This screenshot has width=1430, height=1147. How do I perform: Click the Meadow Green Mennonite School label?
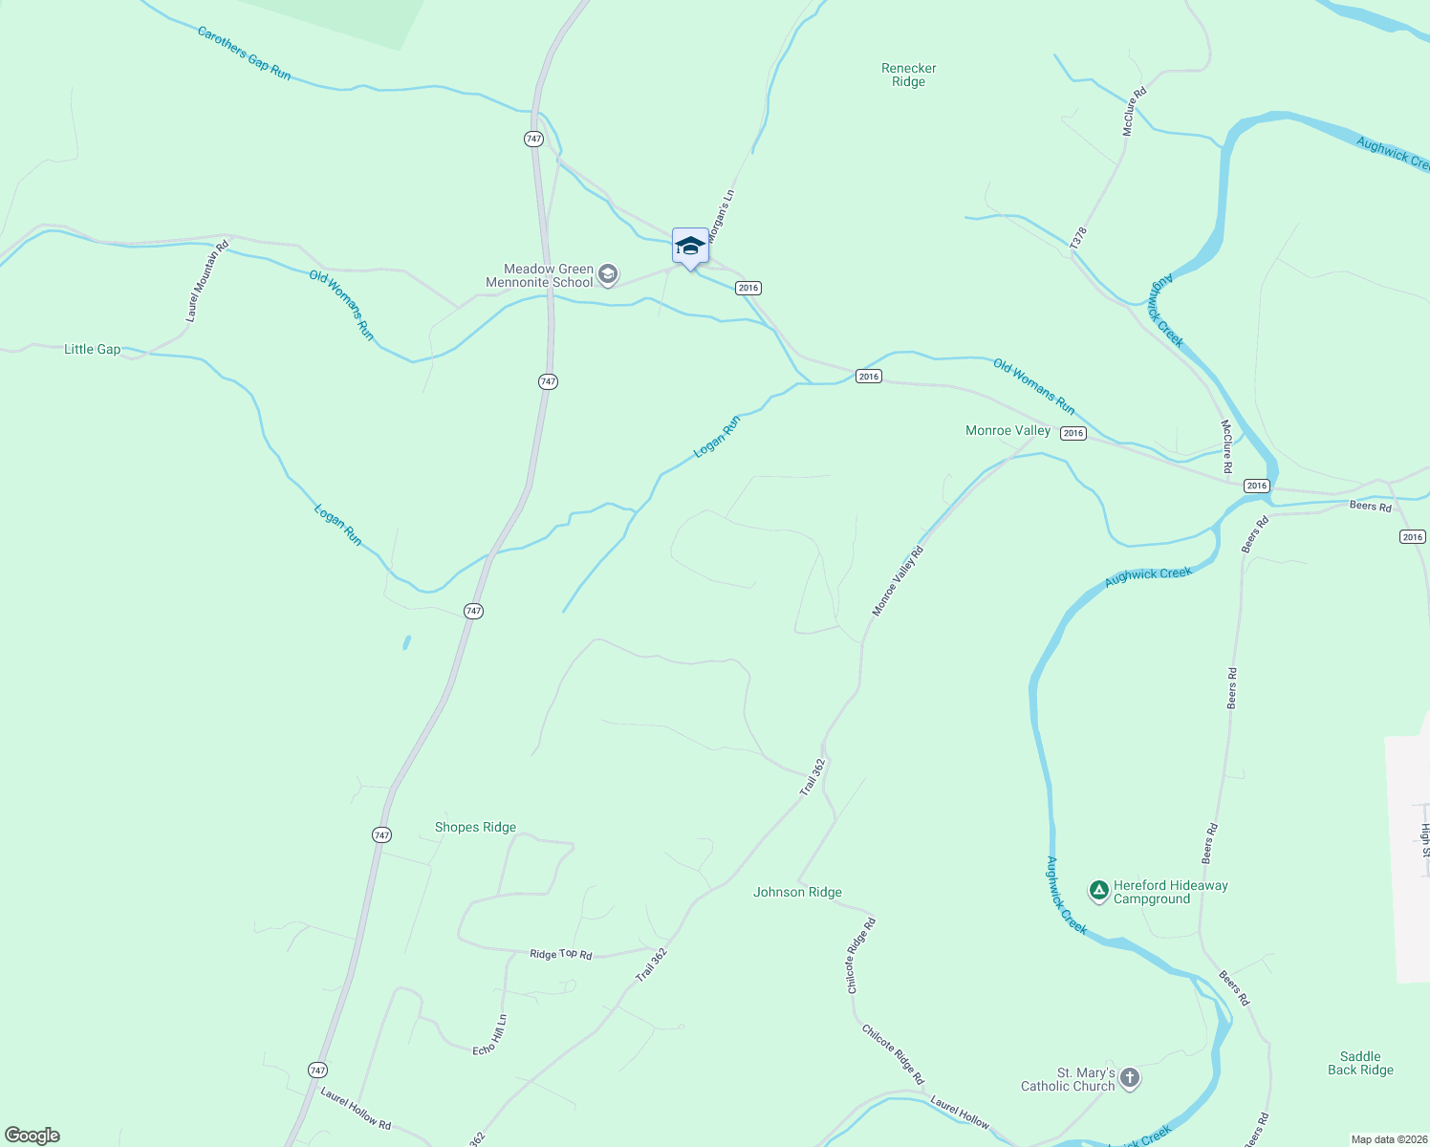pos(540,276)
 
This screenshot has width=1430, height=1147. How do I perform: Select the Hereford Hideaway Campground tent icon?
pos(1099,892)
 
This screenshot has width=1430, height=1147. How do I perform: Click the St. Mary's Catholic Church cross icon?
pos(1130,1079)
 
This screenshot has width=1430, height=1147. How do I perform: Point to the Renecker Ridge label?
pos(908,75)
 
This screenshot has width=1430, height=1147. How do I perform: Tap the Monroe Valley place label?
pos(1007,431)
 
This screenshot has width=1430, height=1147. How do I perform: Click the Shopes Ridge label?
pos(475,828)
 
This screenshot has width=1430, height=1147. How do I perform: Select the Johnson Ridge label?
pos(797,893)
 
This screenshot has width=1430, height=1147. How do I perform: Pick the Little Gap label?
pos(93,350)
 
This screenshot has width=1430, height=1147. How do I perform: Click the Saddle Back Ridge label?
pos(1360,1064)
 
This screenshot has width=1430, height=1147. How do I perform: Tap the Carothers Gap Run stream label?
pos(244,53)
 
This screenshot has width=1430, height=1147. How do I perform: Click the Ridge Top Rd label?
pos(561,954)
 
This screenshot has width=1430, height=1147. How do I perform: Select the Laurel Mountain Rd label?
pos(207,280)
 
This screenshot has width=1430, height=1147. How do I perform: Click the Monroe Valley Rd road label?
pos(899,580)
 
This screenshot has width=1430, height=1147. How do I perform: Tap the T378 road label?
pos(1078,239)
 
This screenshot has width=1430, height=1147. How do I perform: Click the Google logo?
pos(32,1136)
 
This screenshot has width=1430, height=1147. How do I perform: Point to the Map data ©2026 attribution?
pos(1389,1139)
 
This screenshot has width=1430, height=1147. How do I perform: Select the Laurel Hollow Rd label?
pos(356,1109)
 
